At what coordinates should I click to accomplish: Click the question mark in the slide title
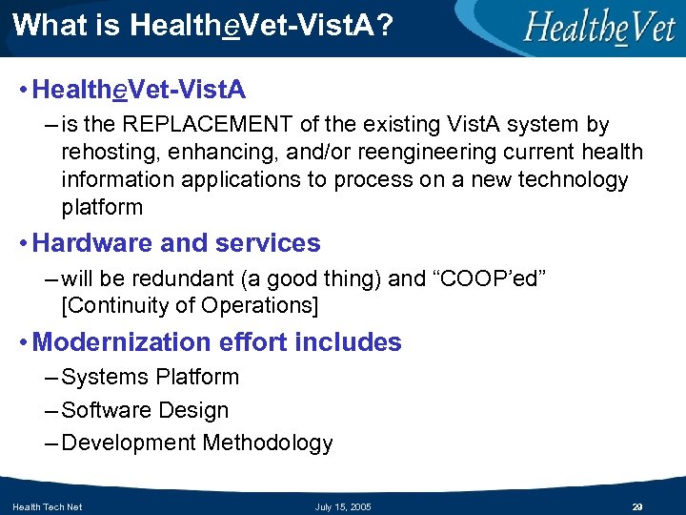(383, 25)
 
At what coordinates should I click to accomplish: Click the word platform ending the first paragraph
(102, 208)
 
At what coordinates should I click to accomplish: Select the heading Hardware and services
(176, 243)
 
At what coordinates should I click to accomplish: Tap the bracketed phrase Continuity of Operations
(190, 306)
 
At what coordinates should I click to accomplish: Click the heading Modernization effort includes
(217, 342)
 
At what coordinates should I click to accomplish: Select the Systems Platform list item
(150, 378)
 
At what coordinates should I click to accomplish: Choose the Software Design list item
(145, 411)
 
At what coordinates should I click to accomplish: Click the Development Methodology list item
(197, 443)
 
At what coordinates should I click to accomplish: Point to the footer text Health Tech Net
(47, 506)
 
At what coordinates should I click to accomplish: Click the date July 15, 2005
(343, 506)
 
